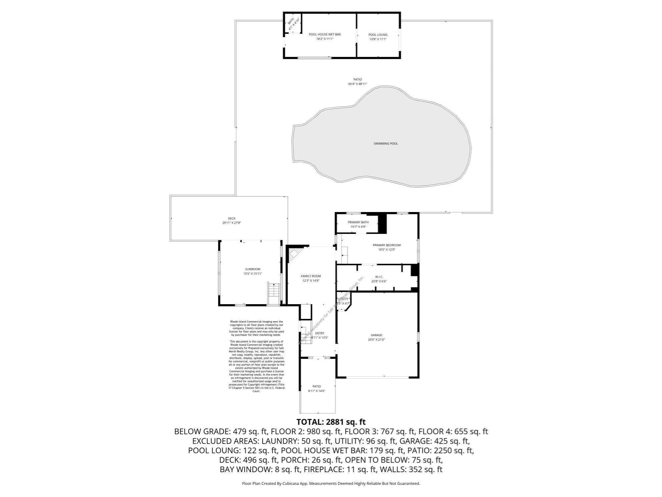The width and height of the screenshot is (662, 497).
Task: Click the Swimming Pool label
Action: (x=386, y=143)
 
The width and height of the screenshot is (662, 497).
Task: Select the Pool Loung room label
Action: (x=378, y=34)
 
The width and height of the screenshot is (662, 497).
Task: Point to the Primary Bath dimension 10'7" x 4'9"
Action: (x=358, y=227)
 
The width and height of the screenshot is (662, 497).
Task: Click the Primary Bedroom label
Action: (x=387, y=245)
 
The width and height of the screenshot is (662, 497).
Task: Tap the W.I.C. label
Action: (x=379, y=277)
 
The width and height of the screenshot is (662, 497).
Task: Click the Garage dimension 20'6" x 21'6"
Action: (x=376, y=340)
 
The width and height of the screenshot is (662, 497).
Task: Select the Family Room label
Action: (x=310, y=276)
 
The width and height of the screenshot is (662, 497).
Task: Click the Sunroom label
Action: (x=253, y=269)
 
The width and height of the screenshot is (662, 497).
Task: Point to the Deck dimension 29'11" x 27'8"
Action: (x=231, y=223)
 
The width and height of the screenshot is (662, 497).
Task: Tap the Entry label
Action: (x=320, y=333)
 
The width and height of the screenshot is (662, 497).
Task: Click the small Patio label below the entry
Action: (x=317, y=386)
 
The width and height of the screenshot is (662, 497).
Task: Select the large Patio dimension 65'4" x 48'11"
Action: (x=357, y=84)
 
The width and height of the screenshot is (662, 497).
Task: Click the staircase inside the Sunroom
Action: (x=273, y=293)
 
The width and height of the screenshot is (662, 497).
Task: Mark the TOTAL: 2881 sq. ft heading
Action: (x=331, y=422)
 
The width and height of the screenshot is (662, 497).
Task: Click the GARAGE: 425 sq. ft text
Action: (x=435, y=441)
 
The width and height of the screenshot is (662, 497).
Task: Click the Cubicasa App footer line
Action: (x=331, y=483)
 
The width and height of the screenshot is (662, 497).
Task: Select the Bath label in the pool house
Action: (x=291, y=22)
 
